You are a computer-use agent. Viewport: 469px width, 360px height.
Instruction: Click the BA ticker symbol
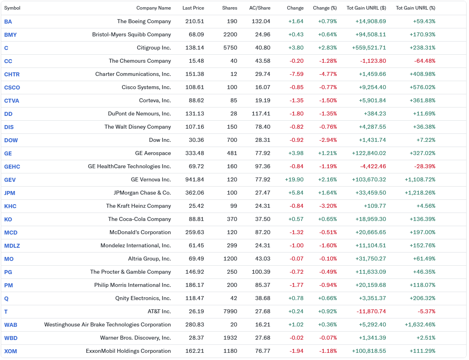click(8, 22)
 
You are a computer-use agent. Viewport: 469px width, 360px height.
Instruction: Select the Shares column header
click(230, 8)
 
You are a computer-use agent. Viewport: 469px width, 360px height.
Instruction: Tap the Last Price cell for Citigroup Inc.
click(194, 48)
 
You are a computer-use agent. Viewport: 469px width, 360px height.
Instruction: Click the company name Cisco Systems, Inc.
click(146, 88)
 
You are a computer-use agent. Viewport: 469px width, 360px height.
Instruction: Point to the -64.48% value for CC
click(425, 61)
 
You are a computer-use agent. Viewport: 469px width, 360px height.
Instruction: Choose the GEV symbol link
click(10, 180)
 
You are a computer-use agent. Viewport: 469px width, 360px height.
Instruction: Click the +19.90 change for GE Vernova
click(294, 180)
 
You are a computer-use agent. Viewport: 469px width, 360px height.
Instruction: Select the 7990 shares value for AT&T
click(230, 312)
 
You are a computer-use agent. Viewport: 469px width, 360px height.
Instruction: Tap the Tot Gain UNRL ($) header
click(366, 8)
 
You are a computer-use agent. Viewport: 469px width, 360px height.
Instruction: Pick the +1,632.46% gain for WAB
click(420, 325)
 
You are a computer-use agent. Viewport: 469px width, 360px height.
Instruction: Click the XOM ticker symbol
click(10, 351)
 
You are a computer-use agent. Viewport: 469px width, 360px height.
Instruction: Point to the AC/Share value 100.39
click(261, 272)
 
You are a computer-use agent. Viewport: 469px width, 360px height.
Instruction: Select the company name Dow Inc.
click(160, 140)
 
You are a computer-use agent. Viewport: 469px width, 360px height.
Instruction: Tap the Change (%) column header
click(325, 8)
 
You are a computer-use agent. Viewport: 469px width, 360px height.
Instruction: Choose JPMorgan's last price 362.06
click(194, 193)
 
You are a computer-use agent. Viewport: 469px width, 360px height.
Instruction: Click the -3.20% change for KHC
click(328, 206)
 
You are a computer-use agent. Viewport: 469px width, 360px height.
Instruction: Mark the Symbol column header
click(12, 8)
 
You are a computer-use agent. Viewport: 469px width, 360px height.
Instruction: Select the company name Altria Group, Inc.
click(150, 259)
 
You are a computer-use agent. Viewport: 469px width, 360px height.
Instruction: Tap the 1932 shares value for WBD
click(230, 338)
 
